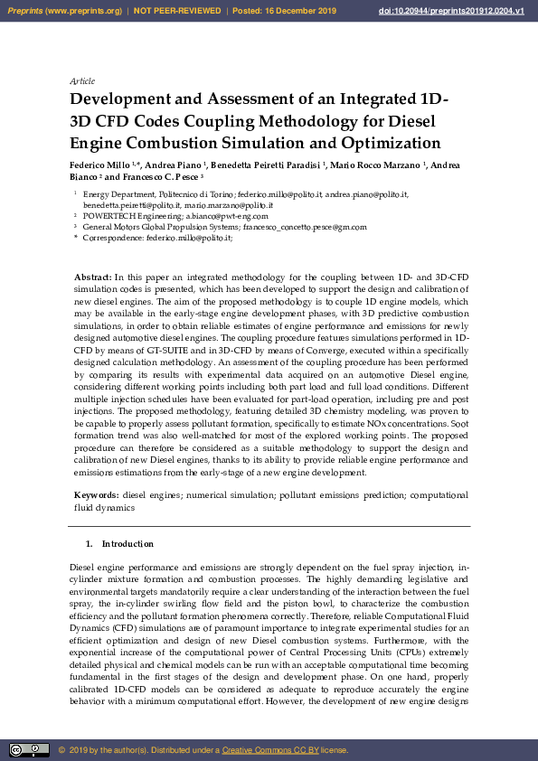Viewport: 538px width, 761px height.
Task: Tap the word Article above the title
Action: [x=82, y=81]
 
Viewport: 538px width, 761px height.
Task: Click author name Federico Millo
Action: [x=99, y=165]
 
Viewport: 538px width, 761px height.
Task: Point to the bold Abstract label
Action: [x=92, y=276]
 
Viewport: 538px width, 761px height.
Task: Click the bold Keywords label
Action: [x=96, y=495]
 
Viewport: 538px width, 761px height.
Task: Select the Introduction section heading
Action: [x=127, y=544]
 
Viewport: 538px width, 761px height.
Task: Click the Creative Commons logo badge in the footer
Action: [x=29, y=749]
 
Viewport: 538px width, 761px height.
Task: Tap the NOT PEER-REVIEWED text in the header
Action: [x=177, y=11]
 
